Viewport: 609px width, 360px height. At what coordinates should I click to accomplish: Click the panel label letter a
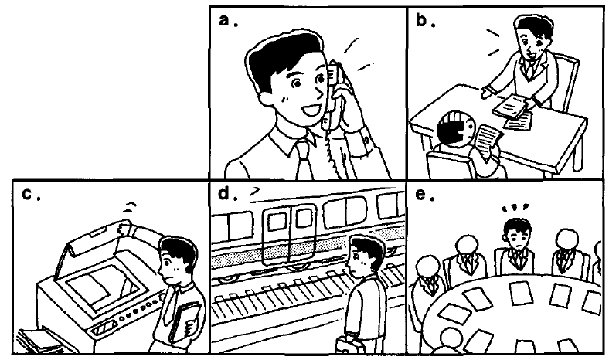pos(224,20)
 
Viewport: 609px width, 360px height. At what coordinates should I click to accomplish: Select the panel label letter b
pos(421,19)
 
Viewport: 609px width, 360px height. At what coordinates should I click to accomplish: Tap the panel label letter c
pos(27,194)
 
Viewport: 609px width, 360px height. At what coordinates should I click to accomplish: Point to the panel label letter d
pos(223,192)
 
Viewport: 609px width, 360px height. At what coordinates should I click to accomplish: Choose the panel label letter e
pos(420,194)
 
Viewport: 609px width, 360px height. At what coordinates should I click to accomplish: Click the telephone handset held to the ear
pos(333,95)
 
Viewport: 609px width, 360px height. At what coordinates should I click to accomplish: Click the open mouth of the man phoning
pos(310,110)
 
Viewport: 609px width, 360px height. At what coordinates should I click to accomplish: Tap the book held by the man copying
pos(184,321)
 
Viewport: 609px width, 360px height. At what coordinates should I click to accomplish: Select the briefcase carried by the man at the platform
pos(350,345)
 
